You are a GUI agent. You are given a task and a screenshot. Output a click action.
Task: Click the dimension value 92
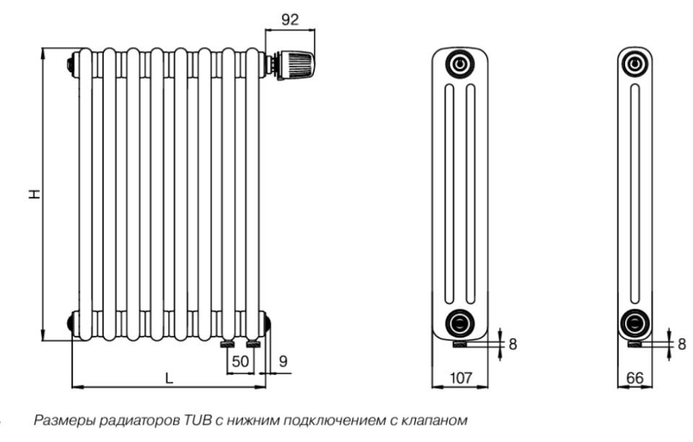[290, 19]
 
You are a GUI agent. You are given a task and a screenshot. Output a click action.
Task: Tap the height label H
[34, 194]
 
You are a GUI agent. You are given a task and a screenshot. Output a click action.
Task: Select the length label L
[169, 378]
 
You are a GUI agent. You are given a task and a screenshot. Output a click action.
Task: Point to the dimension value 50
[240, 361]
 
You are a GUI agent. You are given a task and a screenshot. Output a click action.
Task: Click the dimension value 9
[283, 361]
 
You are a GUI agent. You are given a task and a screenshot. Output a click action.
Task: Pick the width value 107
[461, 378]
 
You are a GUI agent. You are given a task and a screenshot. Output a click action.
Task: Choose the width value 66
[635, 378]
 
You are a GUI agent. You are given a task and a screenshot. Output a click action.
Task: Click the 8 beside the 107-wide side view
[513, 344]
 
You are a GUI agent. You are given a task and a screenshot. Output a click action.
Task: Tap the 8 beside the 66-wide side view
[682, 344]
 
